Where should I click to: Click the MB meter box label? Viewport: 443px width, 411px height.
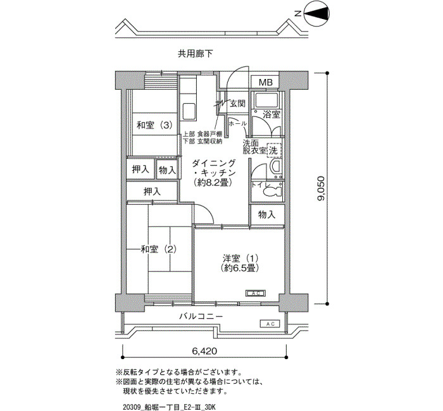[266, 82]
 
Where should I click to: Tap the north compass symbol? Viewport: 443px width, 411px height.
[316, 13]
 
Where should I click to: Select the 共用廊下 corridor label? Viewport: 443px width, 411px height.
[195, 54]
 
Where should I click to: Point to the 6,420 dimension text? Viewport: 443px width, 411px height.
[205, 351]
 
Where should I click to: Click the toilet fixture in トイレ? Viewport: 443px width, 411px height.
[273, 191]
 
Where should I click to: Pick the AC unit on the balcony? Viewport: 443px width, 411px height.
[270, 324]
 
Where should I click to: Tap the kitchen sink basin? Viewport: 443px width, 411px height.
[189, 111]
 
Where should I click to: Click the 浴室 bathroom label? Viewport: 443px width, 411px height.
[271, 114]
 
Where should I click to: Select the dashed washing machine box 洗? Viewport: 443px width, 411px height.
[273, 150]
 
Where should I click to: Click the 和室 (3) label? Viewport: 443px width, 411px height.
[154, 125]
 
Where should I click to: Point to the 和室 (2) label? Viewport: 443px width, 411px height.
[159, 249]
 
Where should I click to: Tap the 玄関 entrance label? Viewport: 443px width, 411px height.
[237, 104]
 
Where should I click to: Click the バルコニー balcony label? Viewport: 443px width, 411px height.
[201, 316]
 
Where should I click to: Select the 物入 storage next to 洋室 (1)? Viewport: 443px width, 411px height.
[267, 215]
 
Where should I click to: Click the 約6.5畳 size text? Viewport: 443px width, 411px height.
[240, 268]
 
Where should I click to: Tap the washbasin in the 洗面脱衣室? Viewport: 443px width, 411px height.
[275, 168]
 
